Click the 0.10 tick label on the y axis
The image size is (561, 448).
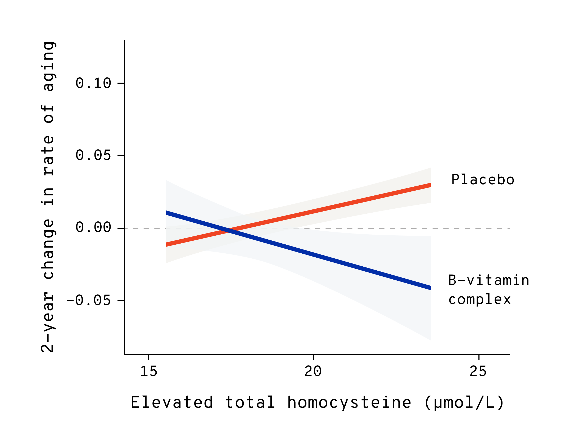tap(93, 83)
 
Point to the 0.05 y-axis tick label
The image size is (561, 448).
tap(93, 155)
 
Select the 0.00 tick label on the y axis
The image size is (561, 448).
tap(93, 227)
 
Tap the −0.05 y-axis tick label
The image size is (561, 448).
tap(88, 300)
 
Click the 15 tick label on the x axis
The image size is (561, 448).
tap(149, 371)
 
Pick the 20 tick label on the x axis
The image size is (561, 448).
tap(313, 371)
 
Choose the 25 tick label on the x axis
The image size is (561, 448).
tap(478, 371)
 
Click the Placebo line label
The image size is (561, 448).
tap(483, 180)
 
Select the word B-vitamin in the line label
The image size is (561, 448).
tap(488, 280)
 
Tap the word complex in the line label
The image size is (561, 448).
tap(479, 299)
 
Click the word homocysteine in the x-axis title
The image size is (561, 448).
tap(349, 403)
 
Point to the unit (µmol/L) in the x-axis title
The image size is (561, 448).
tap(465, 403)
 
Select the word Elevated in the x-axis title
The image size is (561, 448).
tap(172, 403)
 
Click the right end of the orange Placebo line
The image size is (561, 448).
tap(430, 185)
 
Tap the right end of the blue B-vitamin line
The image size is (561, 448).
tap(430, 288)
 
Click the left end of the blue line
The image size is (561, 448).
tap(167, 213)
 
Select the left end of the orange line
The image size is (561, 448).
tap(167, 245)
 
